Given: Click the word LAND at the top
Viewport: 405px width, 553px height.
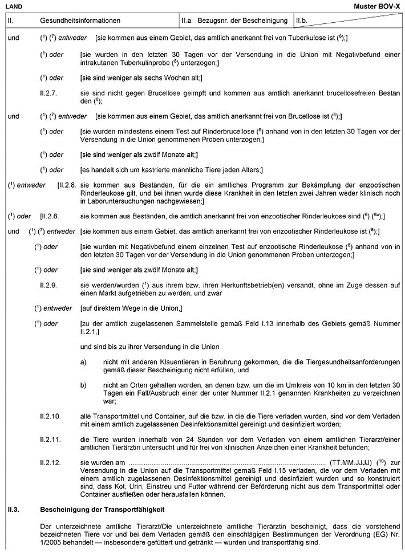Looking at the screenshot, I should coord(14,5).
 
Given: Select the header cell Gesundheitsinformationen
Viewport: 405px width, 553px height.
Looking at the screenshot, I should coord(80,21).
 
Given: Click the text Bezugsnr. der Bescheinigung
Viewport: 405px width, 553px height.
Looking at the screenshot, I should coord(242,21).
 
